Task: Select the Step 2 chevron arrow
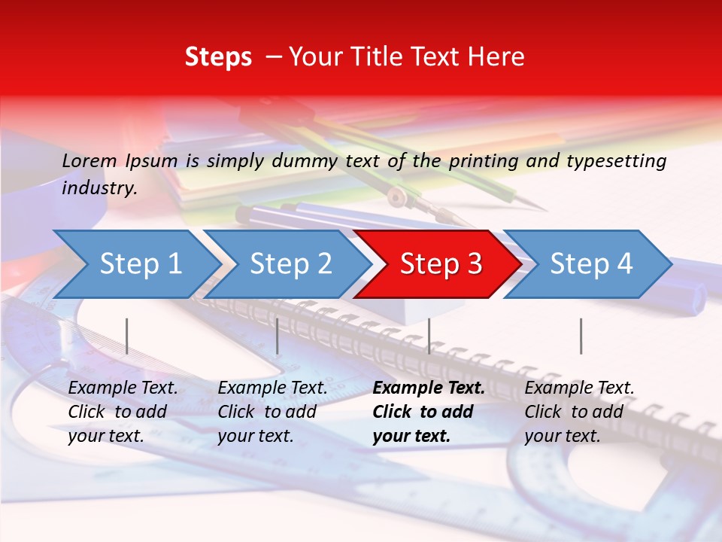(x=290, y=264)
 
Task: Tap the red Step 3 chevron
(x=441, y=264)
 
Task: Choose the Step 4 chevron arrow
(x=591, y=264)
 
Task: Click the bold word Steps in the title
(x=218, y=57)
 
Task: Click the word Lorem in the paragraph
(x=89, y=160)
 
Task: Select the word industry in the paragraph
(x=99, y=188)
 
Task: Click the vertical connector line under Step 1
(x=127, y=336)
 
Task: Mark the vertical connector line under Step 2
(x=278, y=336)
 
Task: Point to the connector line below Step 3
(x=429, y=336)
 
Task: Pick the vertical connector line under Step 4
(x=581, y=336)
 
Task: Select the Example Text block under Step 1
(x=123, y=412)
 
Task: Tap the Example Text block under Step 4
(x=579, y=412)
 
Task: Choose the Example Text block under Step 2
(x=272, y=412)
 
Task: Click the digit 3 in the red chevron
(x=474, y=264)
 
